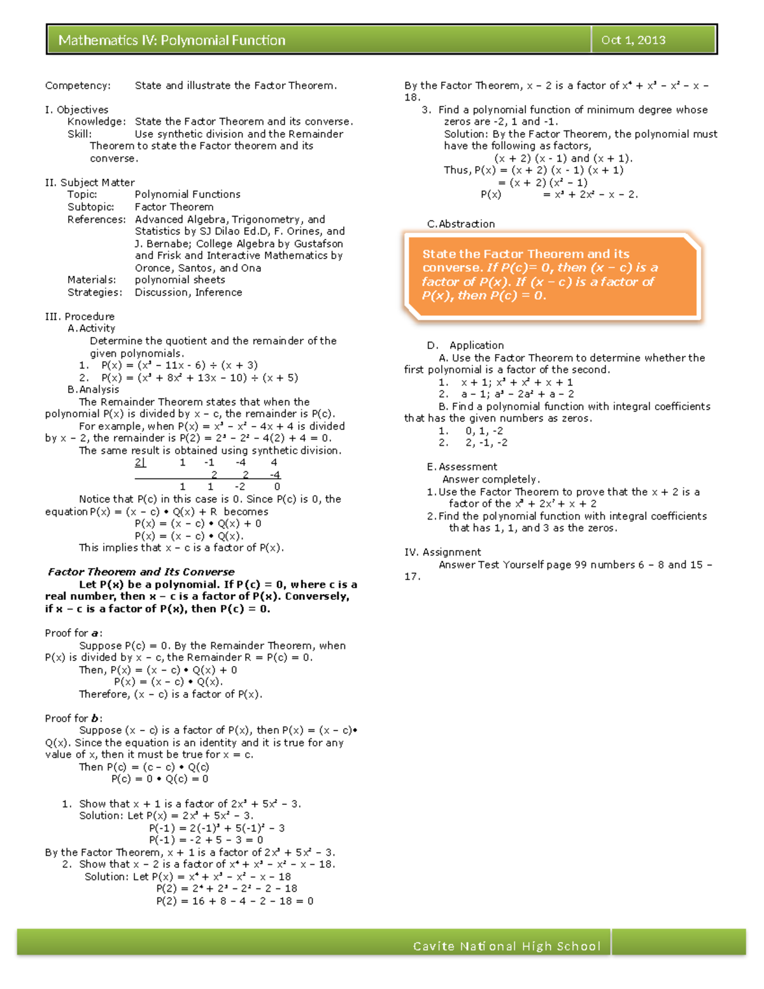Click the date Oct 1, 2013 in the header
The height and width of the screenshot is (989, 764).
(633, 40)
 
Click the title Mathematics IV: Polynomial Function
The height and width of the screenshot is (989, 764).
(172, 40)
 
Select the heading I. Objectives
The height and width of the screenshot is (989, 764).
(76, 110)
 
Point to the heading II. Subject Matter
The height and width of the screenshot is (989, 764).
(90, 183)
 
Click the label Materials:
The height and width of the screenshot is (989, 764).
(92, 280)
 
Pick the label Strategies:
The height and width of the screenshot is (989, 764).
(95, 292)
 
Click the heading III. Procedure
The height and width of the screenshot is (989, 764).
(80, 317)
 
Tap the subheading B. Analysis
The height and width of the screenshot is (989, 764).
(93, 389)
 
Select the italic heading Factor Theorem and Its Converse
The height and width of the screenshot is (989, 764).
(141, 572)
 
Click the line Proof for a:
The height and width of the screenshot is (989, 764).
(73, 633)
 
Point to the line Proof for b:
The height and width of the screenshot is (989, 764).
(73, 718)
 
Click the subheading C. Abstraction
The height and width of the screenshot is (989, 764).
(460, 224)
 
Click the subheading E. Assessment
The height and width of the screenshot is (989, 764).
(462, 467)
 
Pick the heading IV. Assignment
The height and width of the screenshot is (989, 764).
(442, 552)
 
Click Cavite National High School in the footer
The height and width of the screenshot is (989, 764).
(507, 946)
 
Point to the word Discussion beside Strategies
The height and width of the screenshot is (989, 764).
(162, 292)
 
